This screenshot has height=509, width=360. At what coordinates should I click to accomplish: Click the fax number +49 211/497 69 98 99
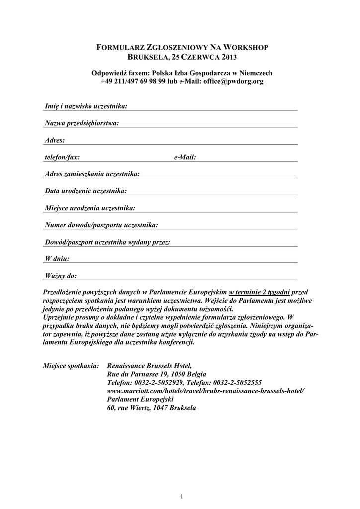pyautogui.click(x=133, y=81)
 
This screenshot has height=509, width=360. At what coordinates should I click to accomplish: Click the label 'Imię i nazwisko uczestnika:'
pyautogui.click(x=86, y=106)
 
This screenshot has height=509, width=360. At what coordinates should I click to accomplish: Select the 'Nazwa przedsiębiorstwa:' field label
pyautogui.click(x=82, y=123)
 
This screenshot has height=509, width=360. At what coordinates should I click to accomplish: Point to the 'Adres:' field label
pyautogui.click(x=55, y=140)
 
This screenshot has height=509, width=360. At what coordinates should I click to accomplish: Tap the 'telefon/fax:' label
pyautogui.click(x=62, y=157)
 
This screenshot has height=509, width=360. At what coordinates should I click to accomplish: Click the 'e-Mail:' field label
pyautogui.click(x=185, y=157)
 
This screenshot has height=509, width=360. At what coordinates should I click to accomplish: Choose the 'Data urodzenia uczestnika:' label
pyautogui.click(x=86, y=191)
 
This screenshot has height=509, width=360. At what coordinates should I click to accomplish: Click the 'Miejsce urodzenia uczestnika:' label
pyautogui.click(x=90, y=208)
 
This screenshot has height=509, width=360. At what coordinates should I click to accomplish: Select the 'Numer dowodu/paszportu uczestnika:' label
pyautogui.click(x=101, y=225)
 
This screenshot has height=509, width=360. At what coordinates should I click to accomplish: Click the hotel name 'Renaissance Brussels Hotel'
pyautogui.click(x=149, y=365)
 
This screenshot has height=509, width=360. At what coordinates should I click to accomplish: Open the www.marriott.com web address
pyautogui.click(x=205, y=391)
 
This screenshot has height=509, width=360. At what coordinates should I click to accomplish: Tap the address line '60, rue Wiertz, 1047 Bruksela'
pyautogui.click(x=152, y=408)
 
